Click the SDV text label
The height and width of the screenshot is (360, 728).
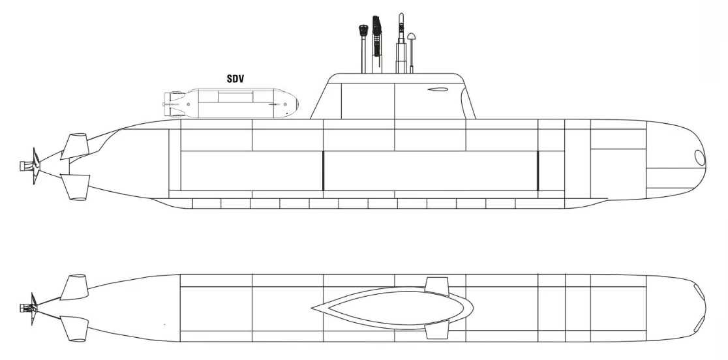[x=235, y=79]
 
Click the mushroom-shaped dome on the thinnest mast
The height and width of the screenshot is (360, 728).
[x=412, y=37]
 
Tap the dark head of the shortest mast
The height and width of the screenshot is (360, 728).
[x=363, y=31]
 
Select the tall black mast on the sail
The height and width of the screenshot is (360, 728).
[x=377, y=44]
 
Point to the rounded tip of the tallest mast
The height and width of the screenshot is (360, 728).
[x=401, y=16]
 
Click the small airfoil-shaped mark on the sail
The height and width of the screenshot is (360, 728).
[x=437, y=89]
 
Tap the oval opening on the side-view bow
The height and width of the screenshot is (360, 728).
[x=699, y=158]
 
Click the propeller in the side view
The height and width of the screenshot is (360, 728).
[x=35, y=166]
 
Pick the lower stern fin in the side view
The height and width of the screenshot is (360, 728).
[x=75, y=187]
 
